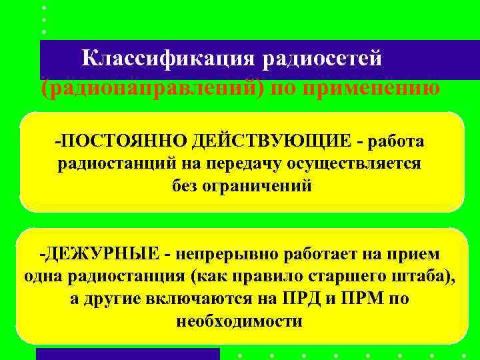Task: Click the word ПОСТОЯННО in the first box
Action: pos(113,142)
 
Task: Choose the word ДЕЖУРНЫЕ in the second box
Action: pos(103,254)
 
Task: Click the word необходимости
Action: pos(239,321)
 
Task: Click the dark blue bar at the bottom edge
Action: pos(127,354)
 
